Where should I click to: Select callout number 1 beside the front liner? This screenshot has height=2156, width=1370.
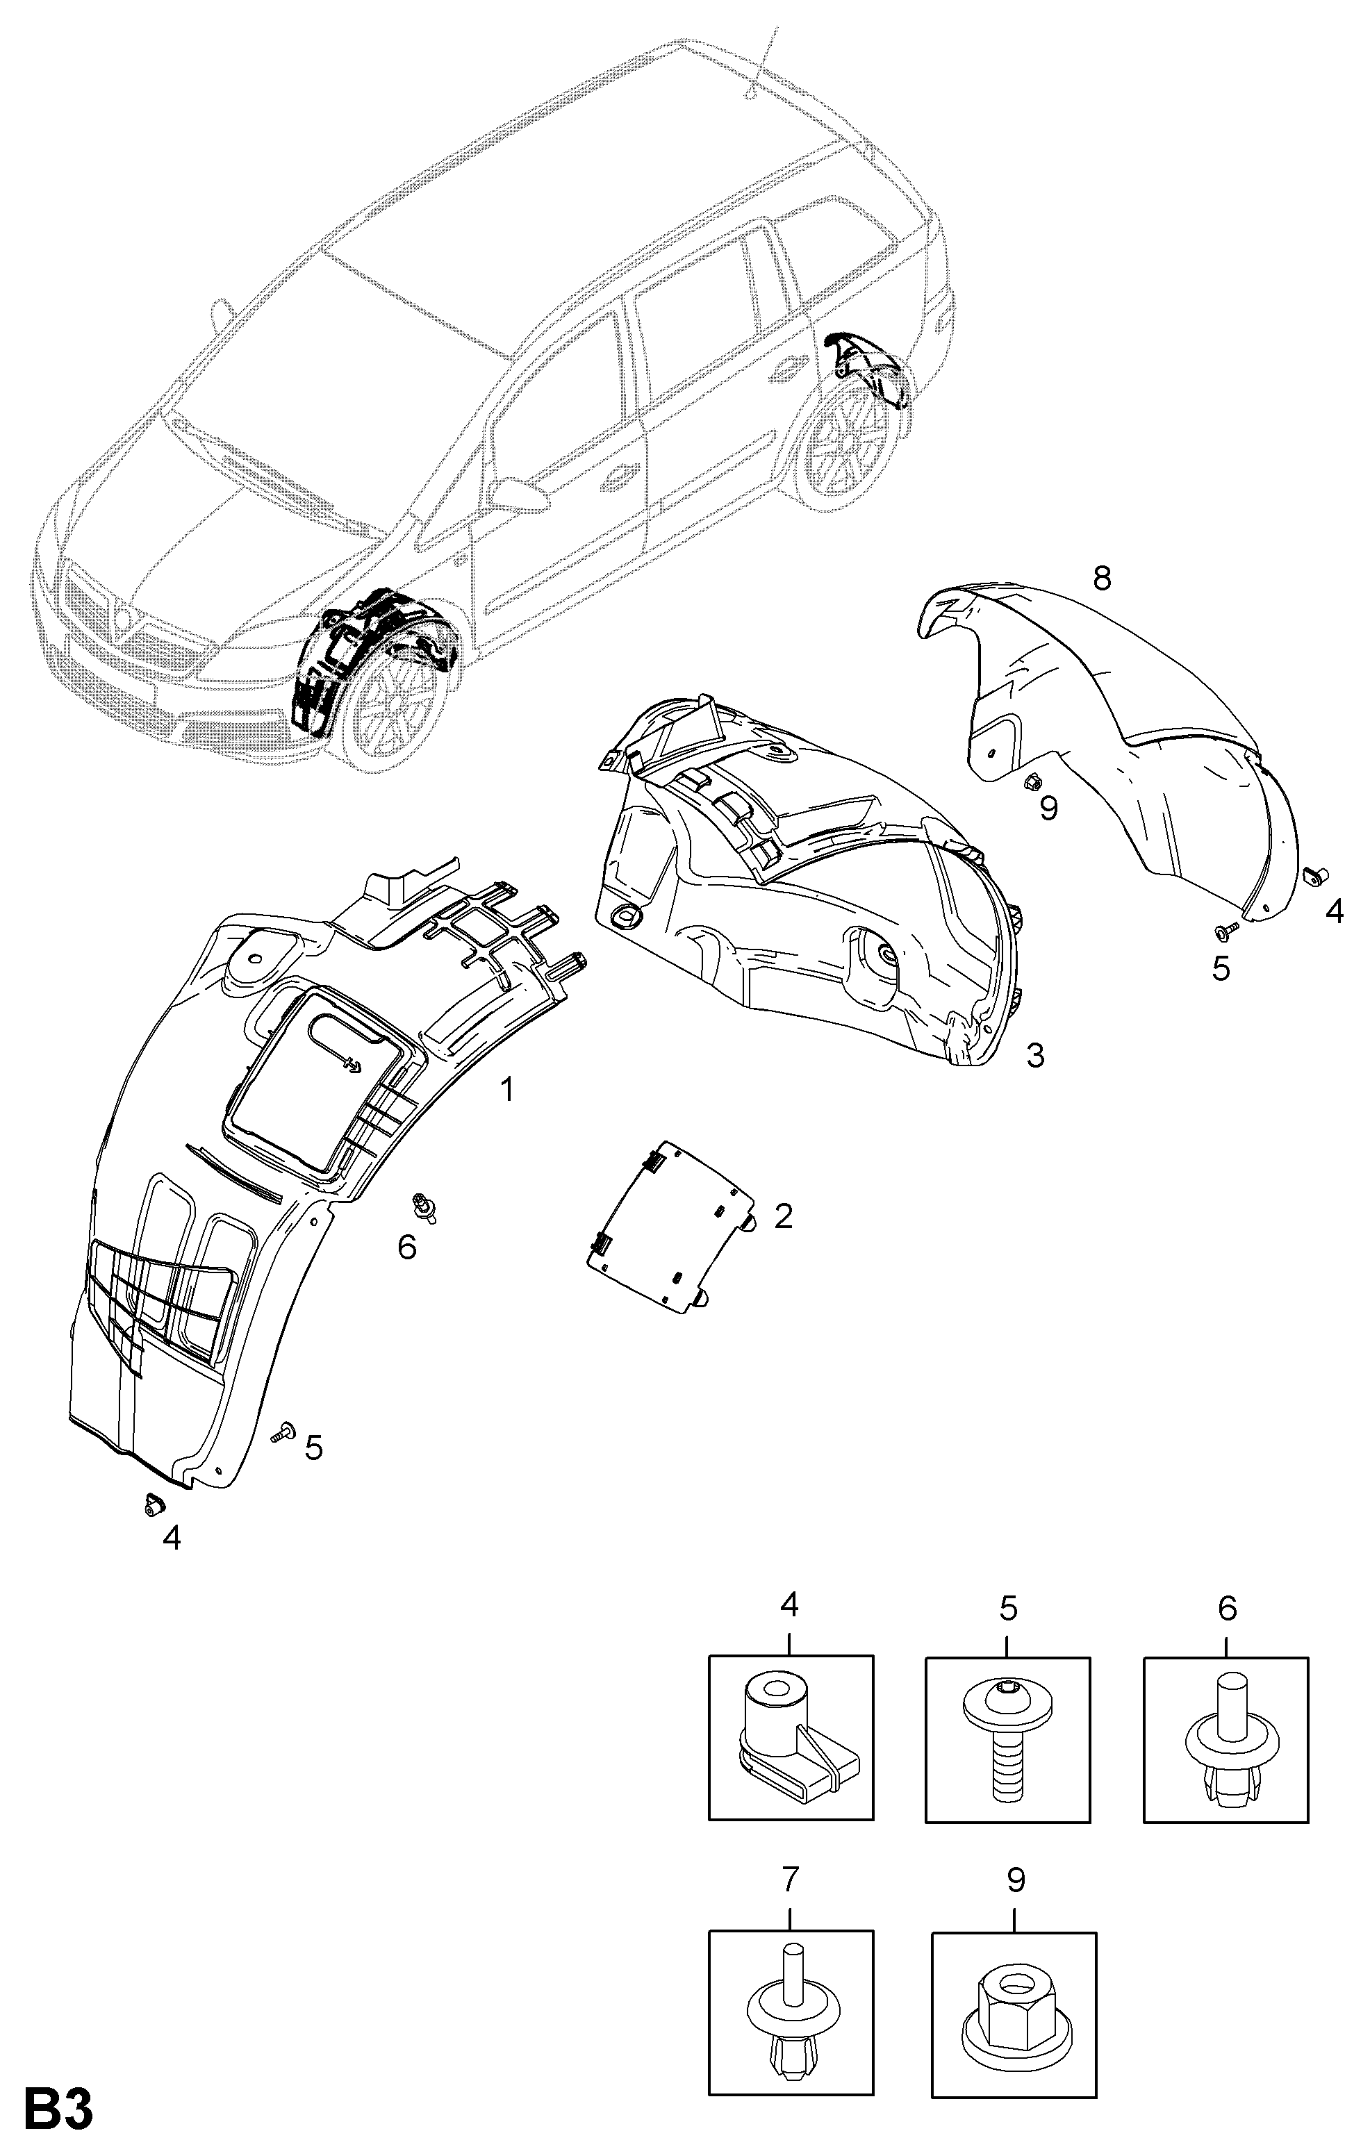pos(507,1090)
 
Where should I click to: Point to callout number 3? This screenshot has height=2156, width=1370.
pos(1034,1056)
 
